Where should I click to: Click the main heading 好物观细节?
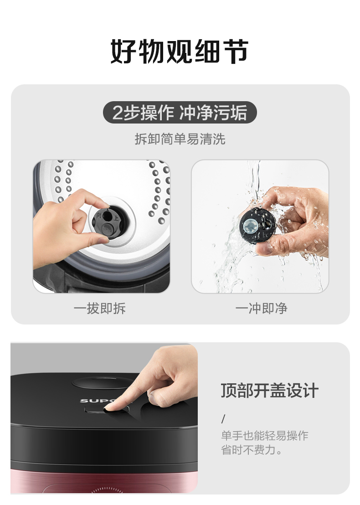(180, 52)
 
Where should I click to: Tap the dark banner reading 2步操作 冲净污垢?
(180, 113)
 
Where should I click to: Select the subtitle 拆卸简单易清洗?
(180, 139)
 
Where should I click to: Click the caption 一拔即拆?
(99, 308)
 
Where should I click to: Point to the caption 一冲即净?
(261, 308)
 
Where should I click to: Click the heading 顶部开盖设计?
(269, 391)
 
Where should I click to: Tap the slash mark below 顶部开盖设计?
(223, 419)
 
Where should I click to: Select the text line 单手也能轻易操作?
(265, 435)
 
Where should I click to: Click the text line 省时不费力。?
(252, 449)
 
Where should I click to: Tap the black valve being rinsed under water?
(257, 226)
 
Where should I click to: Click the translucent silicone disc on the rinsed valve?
(250, 226)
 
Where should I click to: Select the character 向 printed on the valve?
(99, 215)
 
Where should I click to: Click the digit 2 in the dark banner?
(117, 113)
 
